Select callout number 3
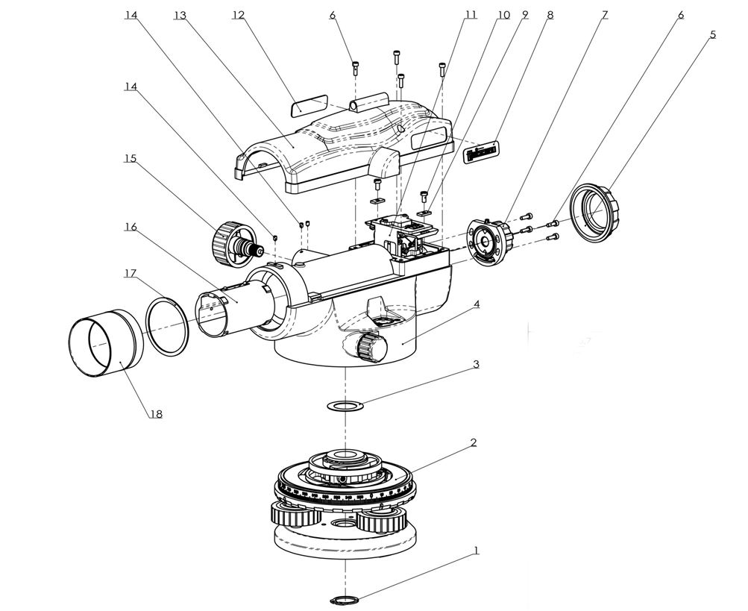[x=475, y=365]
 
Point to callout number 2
[x=473, y=442]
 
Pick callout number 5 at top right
[x=713, y=34]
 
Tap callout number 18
[x=155, y=413]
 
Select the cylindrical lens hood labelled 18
[x=105, y=344]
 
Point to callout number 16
[x=131, y=227]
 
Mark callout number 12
[x=239, y=15]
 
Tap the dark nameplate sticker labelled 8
[x=480, y=154]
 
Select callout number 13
[x=179, y=15]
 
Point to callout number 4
[x=475, y=304]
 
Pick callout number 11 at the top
[x=470, y=15]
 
